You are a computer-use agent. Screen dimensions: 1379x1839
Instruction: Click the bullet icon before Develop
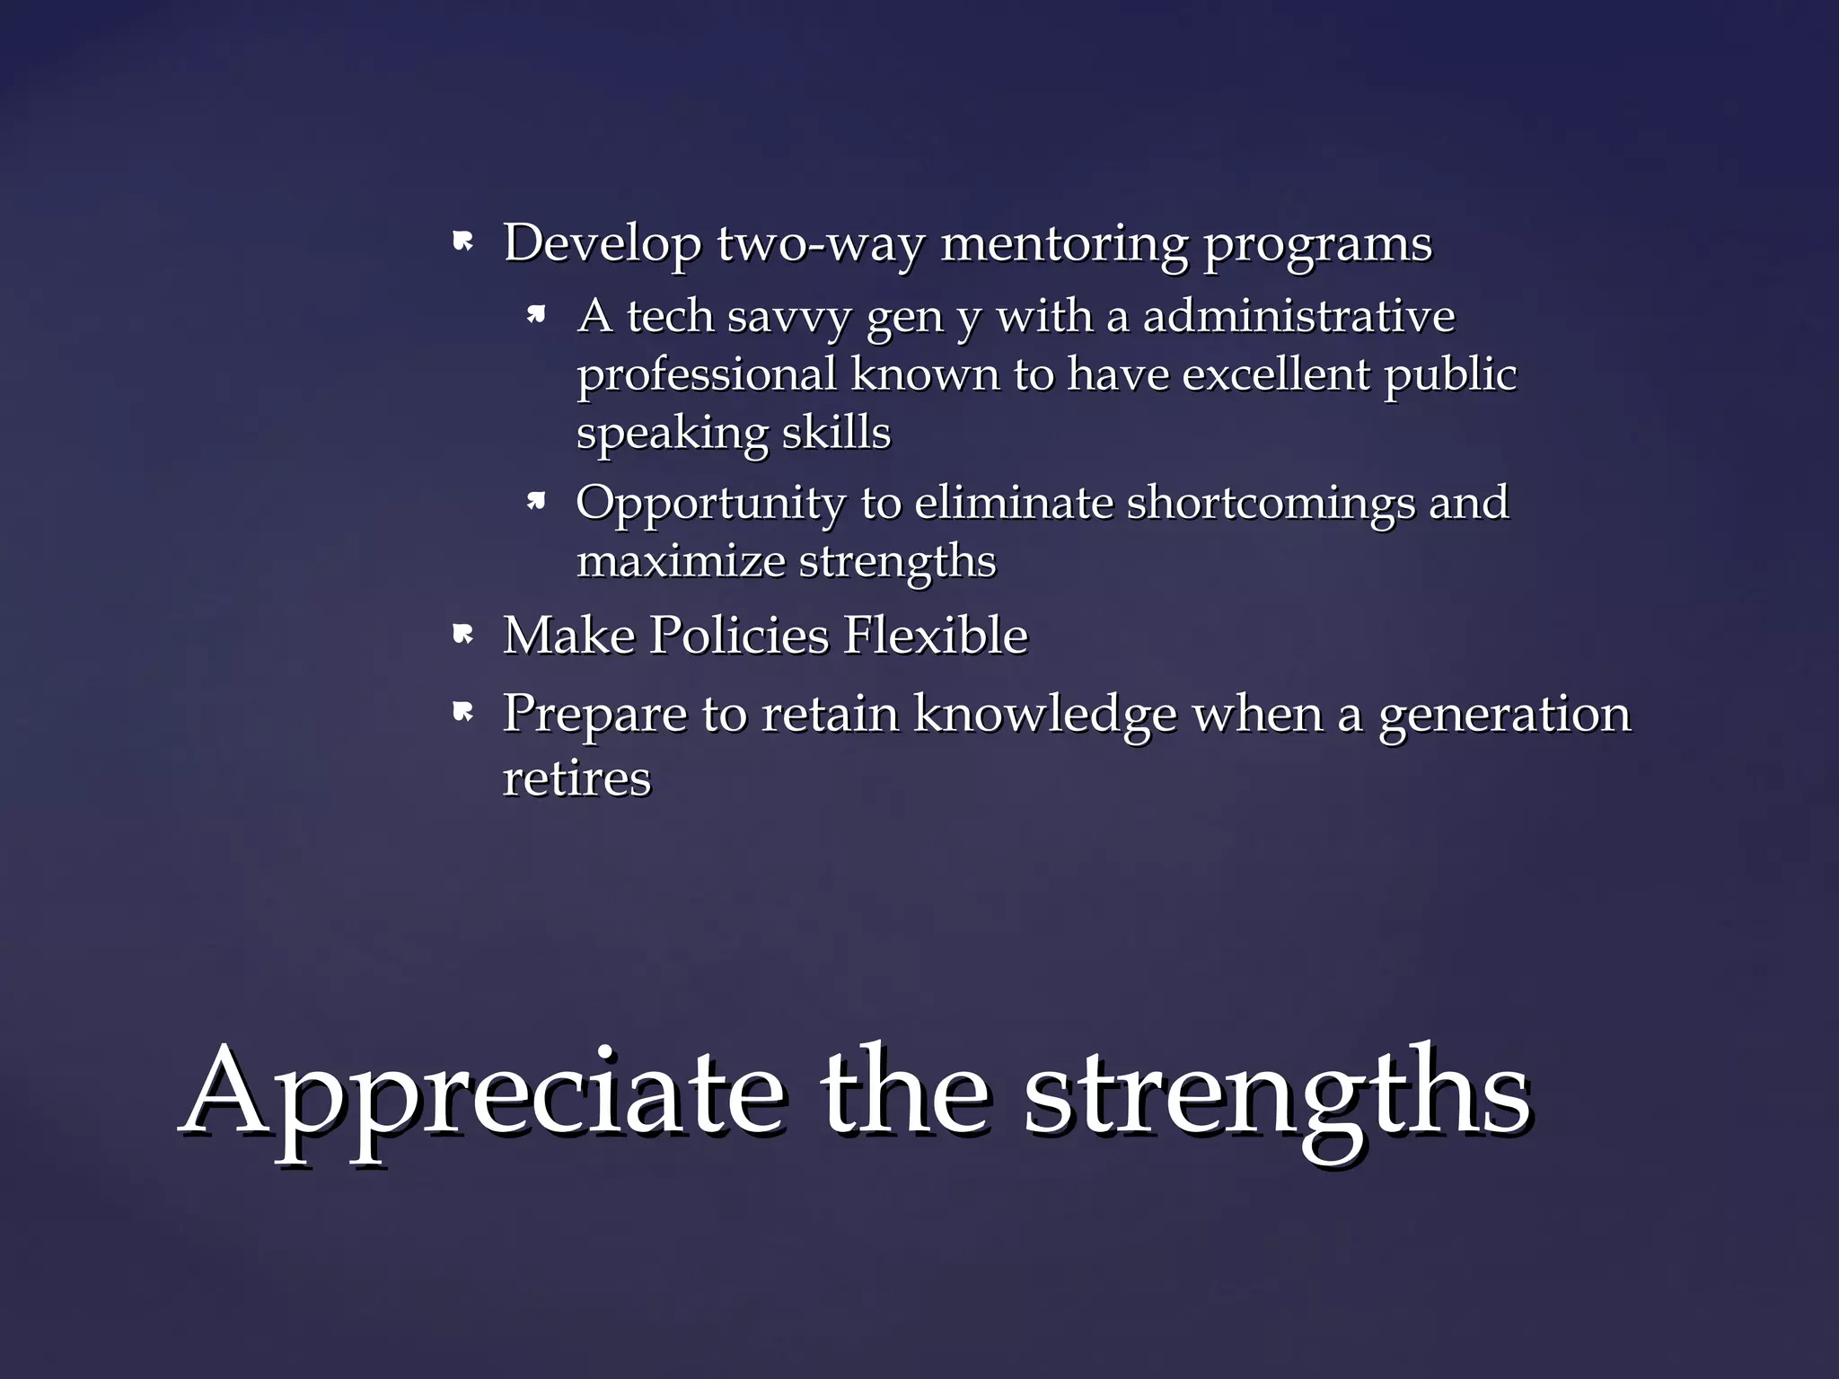pyautogui.click(x=463, y=242)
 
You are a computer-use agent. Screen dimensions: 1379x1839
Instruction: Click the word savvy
pyautogui.click(x=788, y=317)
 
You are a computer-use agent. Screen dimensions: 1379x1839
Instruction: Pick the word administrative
pyautogui.click(x=1298, y=316)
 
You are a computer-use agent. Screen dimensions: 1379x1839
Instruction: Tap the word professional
pyautogui.click(x=707, y=375)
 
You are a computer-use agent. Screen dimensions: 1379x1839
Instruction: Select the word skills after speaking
pyautogui.click(x=836, y=433)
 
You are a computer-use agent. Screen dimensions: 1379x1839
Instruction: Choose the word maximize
pyautogui.click(x=681, y=562)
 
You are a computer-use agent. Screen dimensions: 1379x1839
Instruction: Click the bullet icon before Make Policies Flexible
pyautogui.click(x=463, y=636)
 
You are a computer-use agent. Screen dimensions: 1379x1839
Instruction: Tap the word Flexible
pyautogui.click(x=936, y=636)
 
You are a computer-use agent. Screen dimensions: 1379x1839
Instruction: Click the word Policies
pyautogui.click(x=740, y=636)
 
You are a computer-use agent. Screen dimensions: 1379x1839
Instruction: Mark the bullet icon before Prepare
pyautogui.click(x=463, y=713)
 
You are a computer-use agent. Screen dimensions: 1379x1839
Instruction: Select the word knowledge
pyautogui.click(x=1045, y=715)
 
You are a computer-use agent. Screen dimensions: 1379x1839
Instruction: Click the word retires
pyautogui.click(x=576, y=778)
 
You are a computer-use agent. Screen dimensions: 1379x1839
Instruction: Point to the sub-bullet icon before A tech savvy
pyautogui.click(x=537, y=314)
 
